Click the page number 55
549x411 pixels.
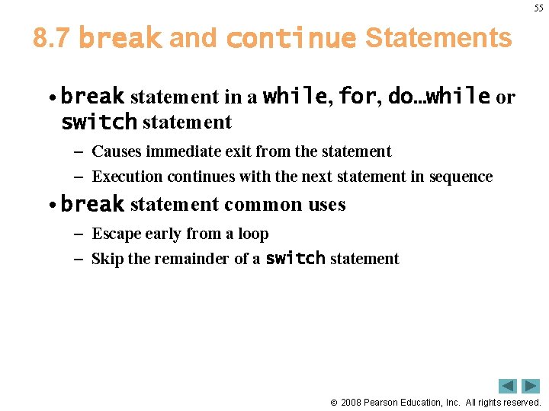click(538, 8)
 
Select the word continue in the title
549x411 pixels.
click(291, 38)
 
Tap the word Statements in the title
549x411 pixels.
click(438, 38)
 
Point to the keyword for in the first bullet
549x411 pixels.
click(357, 97)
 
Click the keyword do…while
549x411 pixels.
click(438, 97)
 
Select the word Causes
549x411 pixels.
click(117, 151)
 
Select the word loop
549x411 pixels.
click(253, 234)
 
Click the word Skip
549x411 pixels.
click(107, 259)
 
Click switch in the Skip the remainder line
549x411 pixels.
click(295, 259)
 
